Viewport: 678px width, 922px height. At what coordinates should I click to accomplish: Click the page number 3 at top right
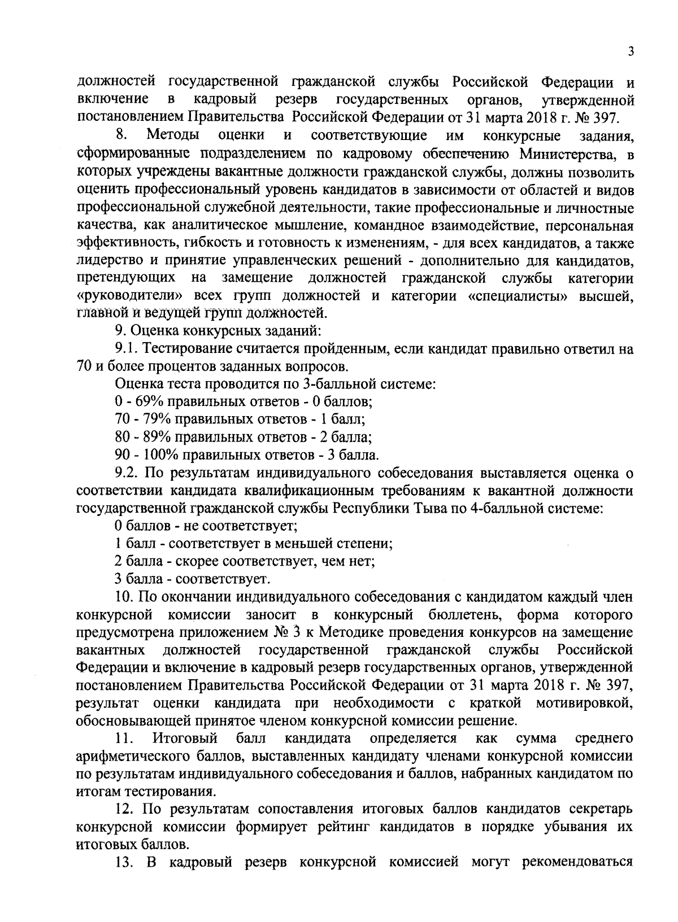(631, 52)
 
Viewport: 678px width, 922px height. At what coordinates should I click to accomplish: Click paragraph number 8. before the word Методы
(120, 136)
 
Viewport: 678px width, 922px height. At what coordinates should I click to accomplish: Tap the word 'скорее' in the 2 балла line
(193, 561)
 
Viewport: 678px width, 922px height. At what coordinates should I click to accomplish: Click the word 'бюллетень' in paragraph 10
(459, 614)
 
